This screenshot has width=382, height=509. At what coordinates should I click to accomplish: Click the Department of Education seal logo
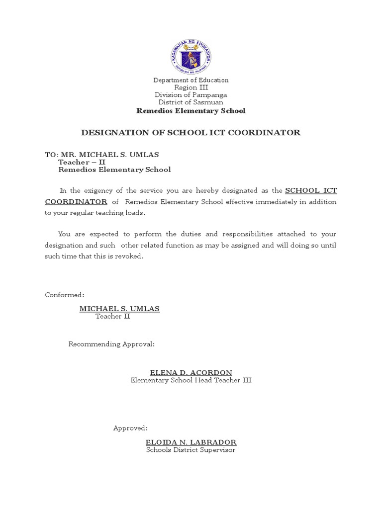pos(191,56)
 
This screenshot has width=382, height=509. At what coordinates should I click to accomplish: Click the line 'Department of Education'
pos(191,80)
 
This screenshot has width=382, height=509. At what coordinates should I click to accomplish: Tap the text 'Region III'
pos(191,87)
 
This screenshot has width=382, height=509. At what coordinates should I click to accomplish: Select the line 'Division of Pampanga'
pos(191,95)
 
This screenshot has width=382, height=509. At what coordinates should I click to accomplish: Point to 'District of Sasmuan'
pos(191,102)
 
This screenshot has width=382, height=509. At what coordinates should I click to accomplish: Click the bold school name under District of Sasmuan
pos(191,110)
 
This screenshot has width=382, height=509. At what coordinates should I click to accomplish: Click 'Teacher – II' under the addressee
pos(82,162)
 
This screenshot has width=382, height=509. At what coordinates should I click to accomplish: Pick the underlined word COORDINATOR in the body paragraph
pos(76,201)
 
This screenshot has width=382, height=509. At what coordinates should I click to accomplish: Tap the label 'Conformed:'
pos(65,295)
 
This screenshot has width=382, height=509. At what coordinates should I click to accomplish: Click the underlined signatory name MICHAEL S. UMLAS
pos(119,309)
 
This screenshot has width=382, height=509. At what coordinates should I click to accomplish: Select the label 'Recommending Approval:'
pos(111,344)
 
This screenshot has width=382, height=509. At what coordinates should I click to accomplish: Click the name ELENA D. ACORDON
pos(191,372)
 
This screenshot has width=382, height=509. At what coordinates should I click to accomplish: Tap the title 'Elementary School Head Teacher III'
pos(191,380)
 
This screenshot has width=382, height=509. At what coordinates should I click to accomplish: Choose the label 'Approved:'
pos(130,428)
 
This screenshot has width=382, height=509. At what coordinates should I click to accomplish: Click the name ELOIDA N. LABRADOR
pos(191,442)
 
